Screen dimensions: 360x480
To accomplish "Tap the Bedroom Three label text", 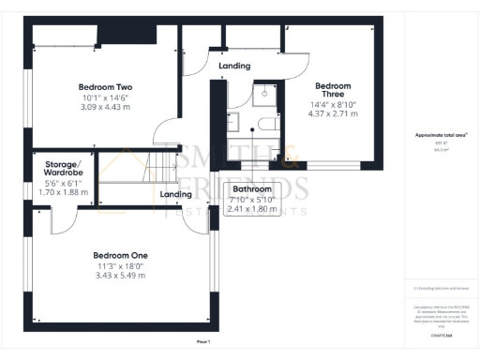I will coord(334,90).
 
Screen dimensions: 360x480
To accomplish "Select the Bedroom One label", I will coord(120,255).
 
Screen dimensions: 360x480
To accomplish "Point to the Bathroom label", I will coord(252,189).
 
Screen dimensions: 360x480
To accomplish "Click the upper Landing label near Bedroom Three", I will coord(234,67).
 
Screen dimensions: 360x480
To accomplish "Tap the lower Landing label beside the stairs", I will coord(176,194).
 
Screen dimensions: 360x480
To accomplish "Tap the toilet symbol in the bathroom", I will coord(264,93).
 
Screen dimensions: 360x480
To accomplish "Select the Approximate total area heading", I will coord(441,135).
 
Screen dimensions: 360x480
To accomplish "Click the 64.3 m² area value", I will coord(441,149).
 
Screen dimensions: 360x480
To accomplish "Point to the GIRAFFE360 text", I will coord(441,335).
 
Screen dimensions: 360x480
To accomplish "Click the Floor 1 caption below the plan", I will coord(203,343).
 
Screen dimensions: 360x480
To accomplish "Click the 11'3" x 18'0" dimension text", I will coord(120,265).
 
